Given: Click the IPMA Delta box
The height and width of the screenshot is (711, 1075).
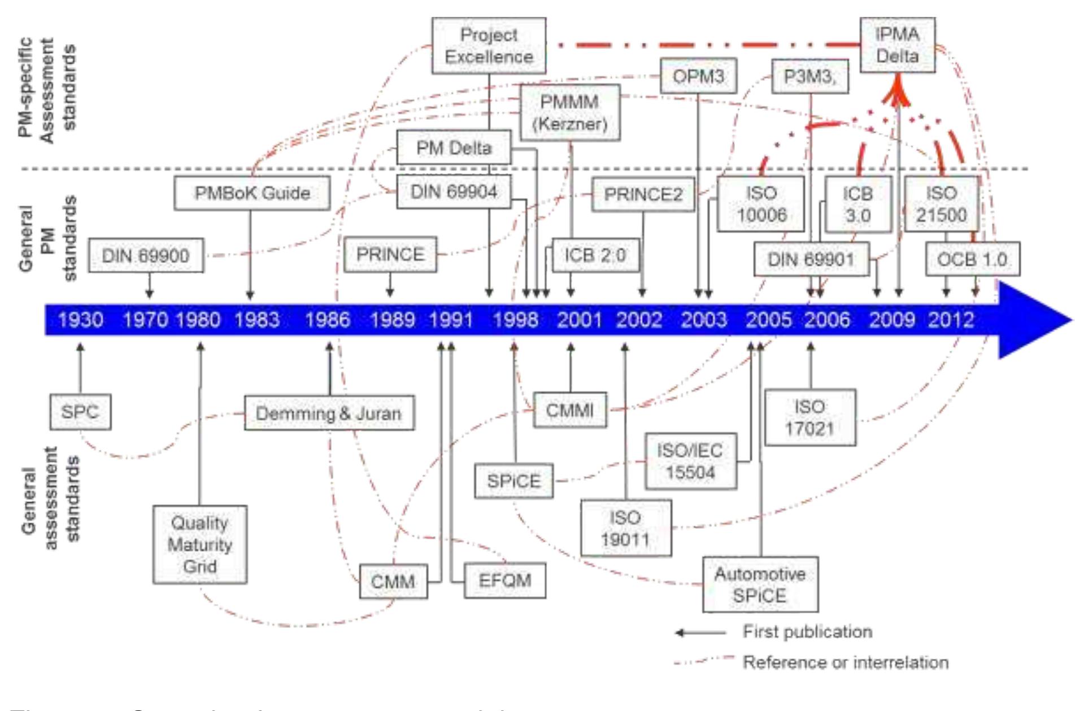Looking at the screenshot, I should tap(897, 45).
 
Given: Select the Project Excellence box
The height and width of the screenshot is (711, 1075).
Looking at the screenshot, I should tap(489, 46).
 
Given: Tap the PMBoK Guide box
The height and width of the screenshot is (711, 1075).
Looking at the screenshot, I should tap(252, 193).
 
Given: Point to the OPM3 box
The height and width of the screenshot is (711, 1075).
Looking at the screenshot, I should tap(698, 76).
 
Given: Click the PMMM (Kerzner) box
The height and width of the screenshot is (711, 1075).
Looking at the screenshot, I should tap(569, 113).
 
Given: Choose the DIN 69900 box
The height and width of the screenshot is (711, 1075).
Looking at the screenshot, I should tap(146, 256).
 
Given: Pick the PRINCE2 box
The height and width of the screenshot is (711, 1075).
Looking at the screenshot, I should tap(643, 195).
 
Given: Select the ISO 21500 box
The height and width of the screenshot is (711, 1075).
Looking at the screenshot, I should tap(941, 204).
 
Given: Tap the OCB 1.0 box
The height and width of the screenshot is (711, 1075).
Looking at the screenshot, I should tap(972, 259).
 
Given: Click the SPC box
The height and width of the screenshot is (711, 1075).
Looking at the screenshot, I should tap(80, 412).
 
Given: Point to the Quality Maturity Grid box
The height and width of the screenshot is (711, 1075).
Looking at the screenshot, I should tap(199, 544).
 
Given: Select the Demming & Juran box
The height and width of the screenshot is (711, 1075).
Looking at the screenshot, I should tap(329, 413).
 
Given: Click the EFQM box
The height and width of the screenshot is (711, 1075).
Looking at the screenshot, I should tap(504, 581).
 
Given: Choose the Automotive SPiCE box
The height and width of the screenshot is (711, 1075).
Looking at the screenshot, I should tap(760, 584).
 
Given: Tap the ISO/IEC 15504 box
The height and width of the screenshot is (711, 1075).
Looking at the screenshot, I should tap(690, 461).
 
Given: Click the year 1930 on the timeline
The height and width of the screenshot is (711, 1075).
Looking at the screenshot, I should tap(80, 320).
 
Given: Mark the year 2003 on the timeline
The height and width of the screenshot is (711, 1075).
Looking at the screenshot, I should tap(703, 320).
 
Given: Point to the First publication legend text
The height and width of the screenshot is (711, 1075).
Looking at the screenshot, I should tap(807, 631).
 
